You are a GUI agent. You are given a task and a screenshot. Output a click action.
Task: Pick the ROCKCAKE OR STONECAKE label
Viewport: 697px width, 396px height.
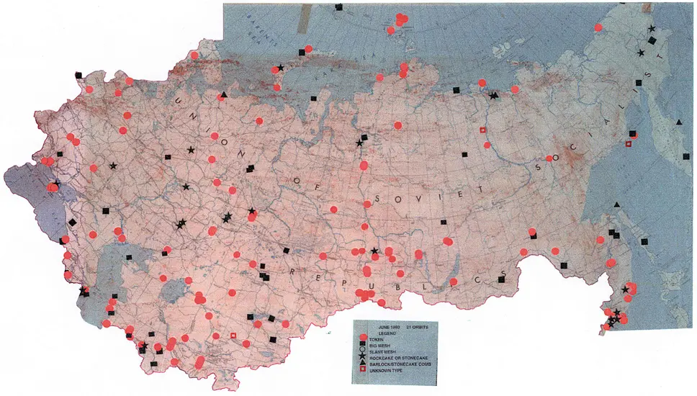[399, 358]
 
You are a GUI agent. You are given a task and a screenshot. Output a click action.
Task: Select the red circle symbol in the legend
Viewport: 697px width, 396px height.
[363, 338]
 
